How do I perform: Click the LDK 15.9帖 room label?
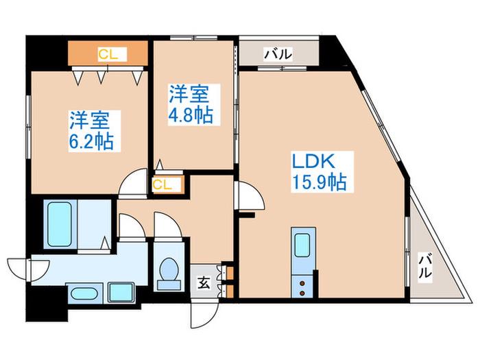(x=319, y=172)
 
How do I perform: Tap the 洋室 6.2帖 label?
(x=91, y=131)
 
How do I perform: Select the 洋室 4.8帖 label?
(x=191, y=104)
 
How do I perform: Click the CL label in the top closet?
(x=108, y=54)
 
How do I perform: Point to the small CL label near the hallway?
(x=162, y=184)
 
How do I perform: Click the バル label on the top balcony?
(x=278, y=54)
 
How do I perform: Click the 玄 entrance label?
(x=204, y=283)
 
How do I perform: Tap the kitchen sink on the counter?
(x=303, y=245)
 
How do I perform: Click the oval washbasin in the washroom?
(x=84, y=293)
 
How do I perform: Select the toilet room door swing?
(x=168, y=225)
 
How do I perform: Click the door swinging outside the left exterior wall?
(x=28, y=269)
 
